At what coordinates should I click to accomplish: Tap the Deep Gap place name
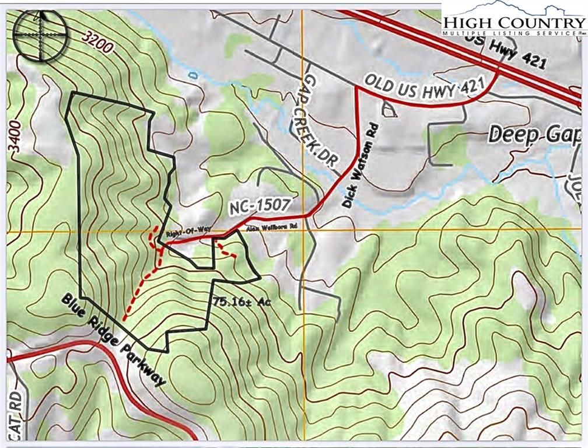coord(534,134)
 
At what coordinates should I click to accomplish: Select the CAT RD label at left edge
coord(12,415)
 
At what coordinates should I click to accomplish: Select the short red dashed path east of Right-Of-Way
coord(225,251)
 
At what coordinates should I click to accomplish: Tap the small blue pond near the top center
coord(191,75)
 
